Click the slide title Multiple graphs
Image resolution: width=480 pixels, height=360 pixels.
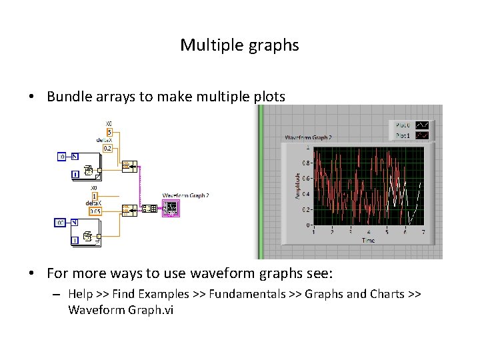[x=239, y=45]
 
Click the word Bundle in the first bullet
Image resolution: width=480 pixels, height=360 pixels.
[x=69, y=97]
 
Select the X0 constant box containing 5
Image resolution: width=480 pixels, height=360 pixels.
[x=109, y=132]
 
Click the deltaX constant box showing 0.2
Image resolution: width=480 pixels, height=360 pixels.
[x=108, y=148]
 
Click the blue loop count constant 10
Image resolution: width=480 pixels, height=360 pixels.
[x=61, y=157]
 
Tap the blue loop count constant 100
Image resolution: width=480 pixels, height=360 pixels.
[x=59, y=223]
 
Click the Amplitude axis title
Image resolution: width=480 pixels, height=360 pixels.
[x=297, y=185]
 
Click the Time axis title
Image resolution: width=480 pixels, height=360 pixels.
[x=368, y=240]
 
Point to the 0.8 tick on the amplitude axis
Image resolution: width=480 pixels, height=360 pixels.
[x=305, y=163]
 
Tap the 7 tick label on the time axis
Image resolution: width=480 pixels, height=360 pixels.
[x=423, y=232]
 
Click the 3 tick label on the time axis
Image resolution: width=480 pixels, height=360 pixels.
[x=350, y=232]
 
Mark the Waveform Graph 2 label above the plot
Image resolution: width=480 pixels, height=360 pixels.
[x=308, y=138]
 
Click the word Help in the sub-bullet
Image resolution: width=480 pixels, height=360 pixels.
[x=81, y=294]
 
